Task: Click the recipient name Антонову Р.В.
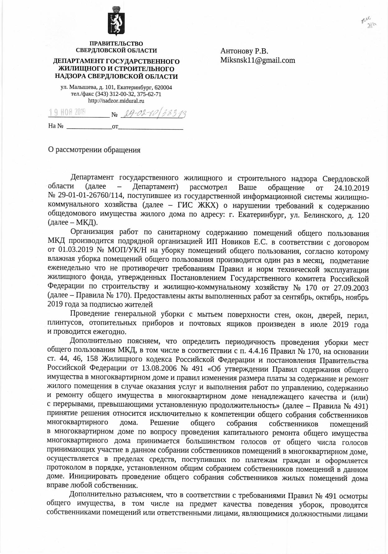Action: pos(244,51)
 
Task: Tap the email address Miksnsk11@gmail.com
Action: pos(258,60)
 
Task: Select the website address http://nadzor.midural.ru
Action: pos(116,101)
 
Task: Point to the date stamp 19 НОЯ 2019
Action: pos(68,112)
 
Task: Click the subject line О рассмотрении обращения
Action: pos(94,150)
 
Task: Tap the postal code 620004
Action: pos(163,88)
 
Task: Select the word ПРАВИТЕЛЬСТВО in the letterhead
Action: pos(116,44)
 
